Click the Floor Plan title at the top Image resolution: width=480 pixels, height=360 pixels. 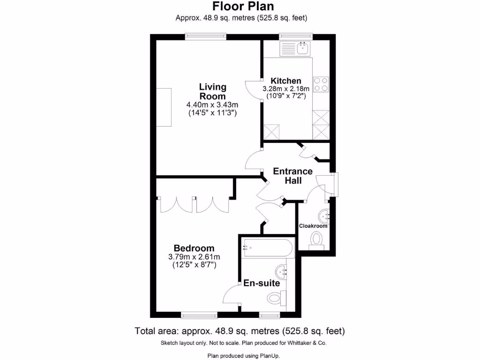coord(243,7)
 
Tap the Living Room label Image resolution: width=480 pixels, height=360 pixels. coord(213,91)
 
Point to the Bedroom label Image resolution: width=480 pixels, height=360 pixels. coord(194,248)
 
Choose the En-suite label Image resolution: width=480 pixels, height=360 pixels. coord(262,283)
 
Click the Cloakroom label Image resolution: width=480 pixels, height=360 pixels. coord(313,226)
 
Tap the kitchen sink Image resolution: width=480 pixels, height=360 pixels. coord(295,48)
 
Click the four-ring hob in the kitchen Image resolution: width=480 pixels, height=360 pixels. coord(321,84)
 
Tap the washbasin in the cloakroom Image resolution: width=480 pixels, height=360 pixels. coord(324,216)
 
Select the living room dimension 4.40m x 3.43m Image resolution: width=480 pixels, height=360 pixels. coord(213,105)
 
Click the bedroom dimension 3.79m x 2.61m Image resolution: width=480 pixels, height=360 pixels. coord(194,257)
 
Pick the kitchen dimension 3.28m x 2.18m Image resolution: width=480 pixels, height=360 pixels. coord(286,89)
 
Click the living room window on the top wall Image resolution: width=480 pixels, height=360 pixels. coord(206,36)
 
